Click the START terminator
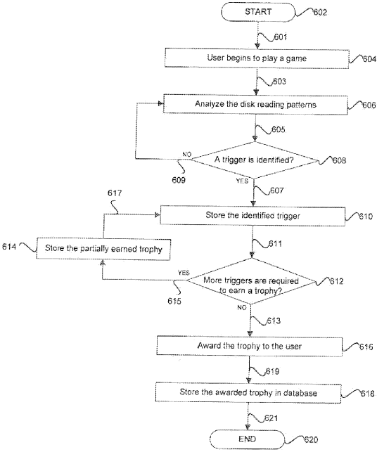[258, 12]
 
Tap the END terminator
[247, 439]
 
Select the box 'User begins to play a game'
[257, 58]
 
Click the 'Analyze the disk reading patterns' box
[255, 104]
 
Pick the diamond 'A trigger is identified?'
[255, 160]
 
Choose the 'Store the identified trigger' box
[253, 216]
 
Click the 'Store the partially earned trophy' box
[103, 248]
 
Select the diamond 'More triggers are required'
[251, 281]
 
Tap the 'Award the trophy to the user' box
[250, 346]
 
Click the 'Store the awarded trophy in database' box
[248, 393]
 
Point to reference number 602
[320, 13]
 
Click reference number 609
[179, 180]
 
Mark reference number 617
[115, 193]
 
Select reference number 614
[9, 247]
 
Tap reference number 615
[174, 302]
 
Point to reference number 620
[311, 440]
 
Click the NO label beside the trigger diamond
[186, 155]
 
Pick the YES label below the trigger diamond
[242, 181]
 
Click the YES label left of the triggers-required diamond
[184, 273]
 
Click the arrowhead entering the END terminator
[247, 427]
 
